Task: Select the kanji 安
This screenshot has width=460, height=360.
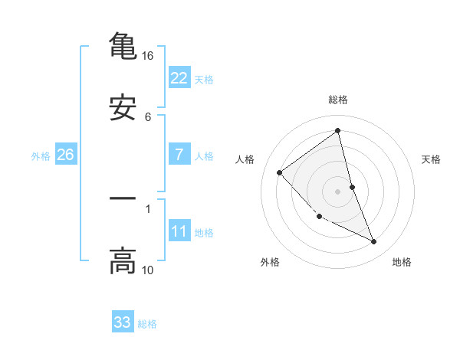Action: point(123,108)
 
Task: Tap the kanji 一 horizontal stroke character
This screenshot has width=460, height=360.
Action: point(123,198)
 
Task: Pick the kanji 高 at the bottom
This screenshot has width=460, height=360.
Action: point(123,261)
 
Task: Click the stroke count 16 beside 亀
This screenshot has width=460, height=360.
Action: point(147,55)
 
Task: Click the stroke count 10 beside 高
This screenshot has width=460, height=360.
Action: point(148,270)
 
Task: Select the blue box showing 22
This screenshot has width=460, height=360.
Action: point(179,78)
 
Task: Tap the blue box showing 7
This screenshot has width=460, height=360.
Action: point(179,155)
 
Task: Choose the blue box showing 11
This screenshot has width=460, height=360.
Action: point(179,231)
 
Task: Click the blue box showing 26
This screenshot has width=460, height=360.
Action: point(65,155)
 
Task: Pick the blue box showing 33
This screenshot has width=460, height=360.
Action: point(123,322)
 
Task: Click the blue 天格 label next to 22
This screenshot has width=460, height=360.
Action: point(204,79)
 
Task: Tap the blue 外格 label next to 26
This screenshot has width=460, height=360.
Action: point(41,155)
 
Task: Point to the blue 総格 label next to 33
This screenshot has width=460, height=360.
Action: point(147,323)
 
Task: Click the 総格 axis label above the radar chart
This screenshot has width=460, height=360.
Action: point(338,100)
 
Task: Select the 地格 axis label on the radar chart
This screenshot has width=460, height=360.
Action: point(402,262)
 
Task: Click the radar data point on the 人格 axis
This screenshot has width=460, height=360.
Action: point(280,172)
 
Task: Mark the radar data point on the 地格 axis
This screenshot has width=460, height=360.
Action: point(374,241)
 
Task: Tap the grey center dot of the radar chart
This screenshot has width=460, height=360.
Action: point(338,191)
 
